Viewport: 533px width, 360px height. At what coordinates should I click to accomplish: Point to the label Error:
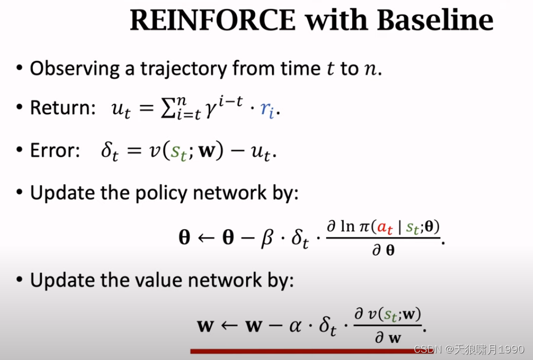point(56,151)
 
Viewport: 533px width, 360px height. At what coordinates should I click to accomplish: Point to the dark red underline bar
point(312,351)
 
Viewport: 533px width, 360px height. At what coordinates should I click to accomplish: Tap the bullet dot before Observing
point(20,68)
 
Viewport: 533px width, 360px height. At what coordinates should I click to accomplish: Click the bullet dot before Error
point(20,151)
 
